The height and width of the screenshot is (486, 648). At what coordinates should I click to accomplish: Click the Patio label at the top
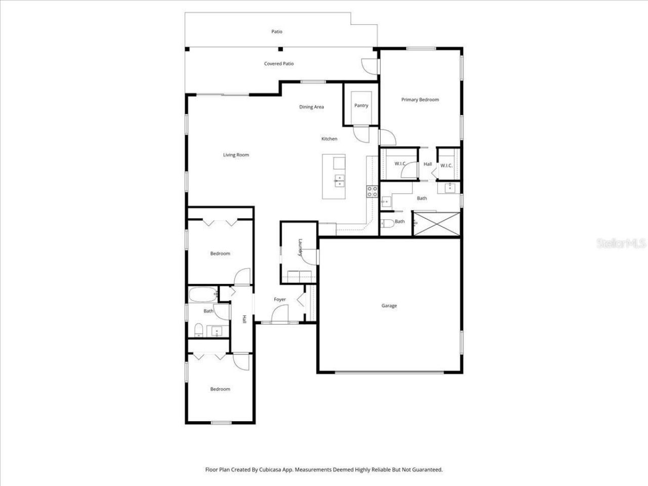point(276,31)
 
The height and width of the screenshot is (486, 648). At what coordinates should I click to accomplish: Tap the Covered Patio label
point(279,64)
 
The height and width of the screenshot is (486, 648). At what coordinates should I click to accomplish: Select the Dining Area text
point(311,107)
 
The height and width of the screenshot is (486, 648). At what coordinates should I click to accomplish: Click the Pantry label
point(361,105)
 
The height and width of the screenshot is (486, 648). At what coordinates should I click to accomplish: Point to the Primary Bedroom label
point(420,100)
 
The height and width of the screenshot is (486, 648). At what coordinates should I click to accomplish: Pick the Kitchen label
point(329,139)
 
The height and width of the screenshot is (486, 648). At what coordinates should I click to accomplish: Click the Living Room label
point(236,155)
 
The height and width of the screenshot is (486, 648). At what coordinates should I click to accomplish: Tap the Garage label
point(389,306)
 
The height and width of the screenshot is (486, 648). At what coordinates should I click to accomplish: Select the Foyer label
point(280,299)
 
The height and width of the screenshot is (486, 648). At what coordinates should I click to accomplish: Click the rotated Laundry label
point(300,248)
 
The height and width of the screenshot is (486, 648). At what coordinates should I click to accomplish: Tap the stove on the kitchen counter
point(372,191)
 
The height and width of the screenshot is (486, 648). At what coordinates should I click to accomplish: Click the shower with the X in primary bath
point(436,223)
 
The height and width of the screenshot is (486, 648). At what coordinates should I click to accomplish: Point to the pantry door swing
point(360,134)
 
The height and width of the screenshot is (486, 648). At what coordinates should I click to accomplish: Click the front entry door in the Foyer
point(279,316)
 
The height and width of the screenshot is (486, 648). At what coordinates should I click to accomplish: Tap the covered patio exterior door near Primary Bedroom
point(369,65)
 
